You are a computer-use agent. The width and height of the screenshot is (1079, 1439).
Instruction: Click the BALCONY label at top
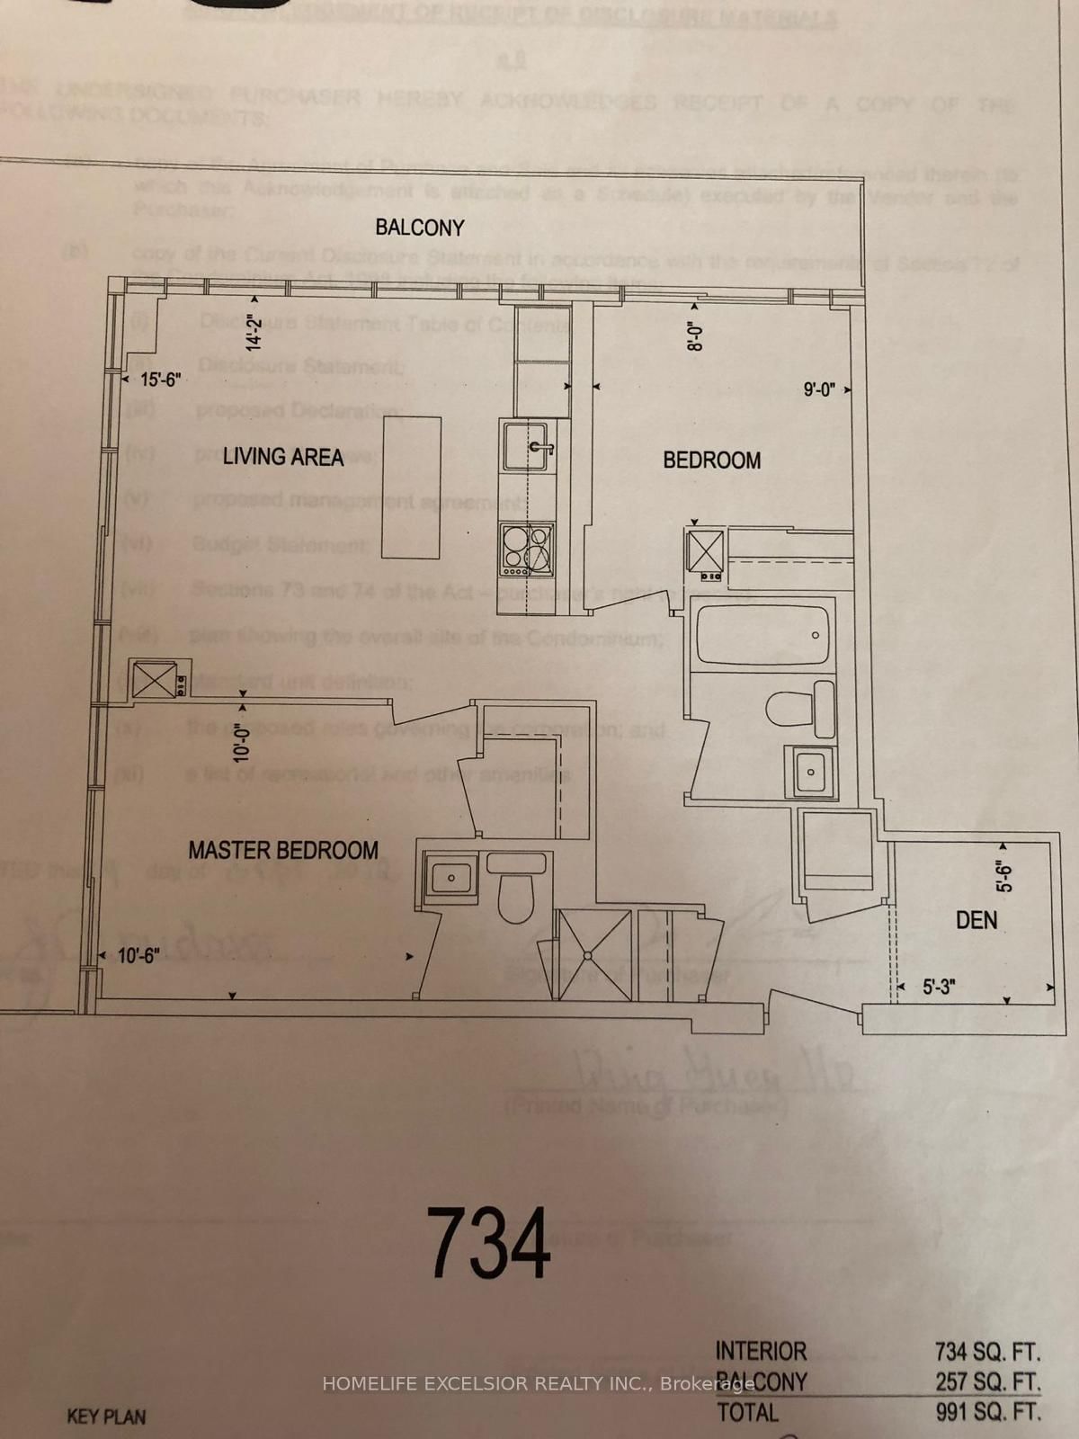click(x=420, y=228)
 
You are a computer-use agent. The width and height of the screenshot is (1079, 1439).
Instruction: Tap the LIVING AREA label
click(x=283, y=457)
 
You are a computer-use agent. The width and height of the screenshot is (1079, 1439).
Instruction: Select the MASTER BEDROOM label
click(x=282, y=850)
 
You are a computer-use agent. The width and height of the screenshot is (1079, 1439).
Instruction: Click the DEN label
click(x=976, y=920)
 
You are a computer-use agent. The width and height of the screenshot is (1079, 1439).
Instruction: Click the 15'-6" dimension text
click(x=161, y=380)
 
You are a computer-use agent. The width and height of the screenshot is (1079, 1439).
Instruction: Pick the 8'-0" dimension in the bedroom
click(x=692, y=336)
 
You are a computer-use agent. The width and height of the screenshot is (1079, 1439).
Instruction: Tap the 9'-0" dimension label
click(x=819, y=389)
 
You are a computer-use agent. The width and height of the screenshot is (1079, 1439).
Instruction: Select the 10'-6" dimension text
click(x=138, y=956)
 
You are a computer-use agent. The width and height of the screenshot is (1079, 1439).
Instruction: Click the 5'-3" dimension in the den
click(x=939, y=987)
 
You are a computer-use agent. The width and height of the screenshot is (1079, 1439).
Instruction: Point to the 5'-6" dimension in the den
click(x=1004, y=877)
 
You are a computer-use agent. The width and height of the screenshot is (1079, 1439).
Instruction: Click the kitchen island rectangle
click(x=411, y=487)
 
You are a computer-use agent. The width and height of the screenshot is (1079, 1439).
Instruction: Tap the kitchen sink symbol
click(x=527, y=446)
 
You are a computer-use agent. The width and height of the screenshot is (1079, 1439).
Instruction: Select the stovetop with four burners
click(x=527, y=548)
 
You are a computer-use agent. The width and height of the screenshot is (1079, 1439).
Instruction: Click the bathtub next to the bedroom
click(x=762, y=637)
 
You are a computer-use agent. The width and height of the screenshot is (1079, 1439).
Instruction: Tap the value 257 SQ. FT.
click(x=987, y=1382)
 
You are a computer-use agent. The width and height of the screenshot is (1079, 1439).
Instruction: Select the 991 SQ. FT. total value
click(x=987, y=1412)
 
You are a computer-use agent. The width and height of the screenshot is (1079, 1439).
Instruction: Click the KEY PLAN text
click(x=106, y=1417)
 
